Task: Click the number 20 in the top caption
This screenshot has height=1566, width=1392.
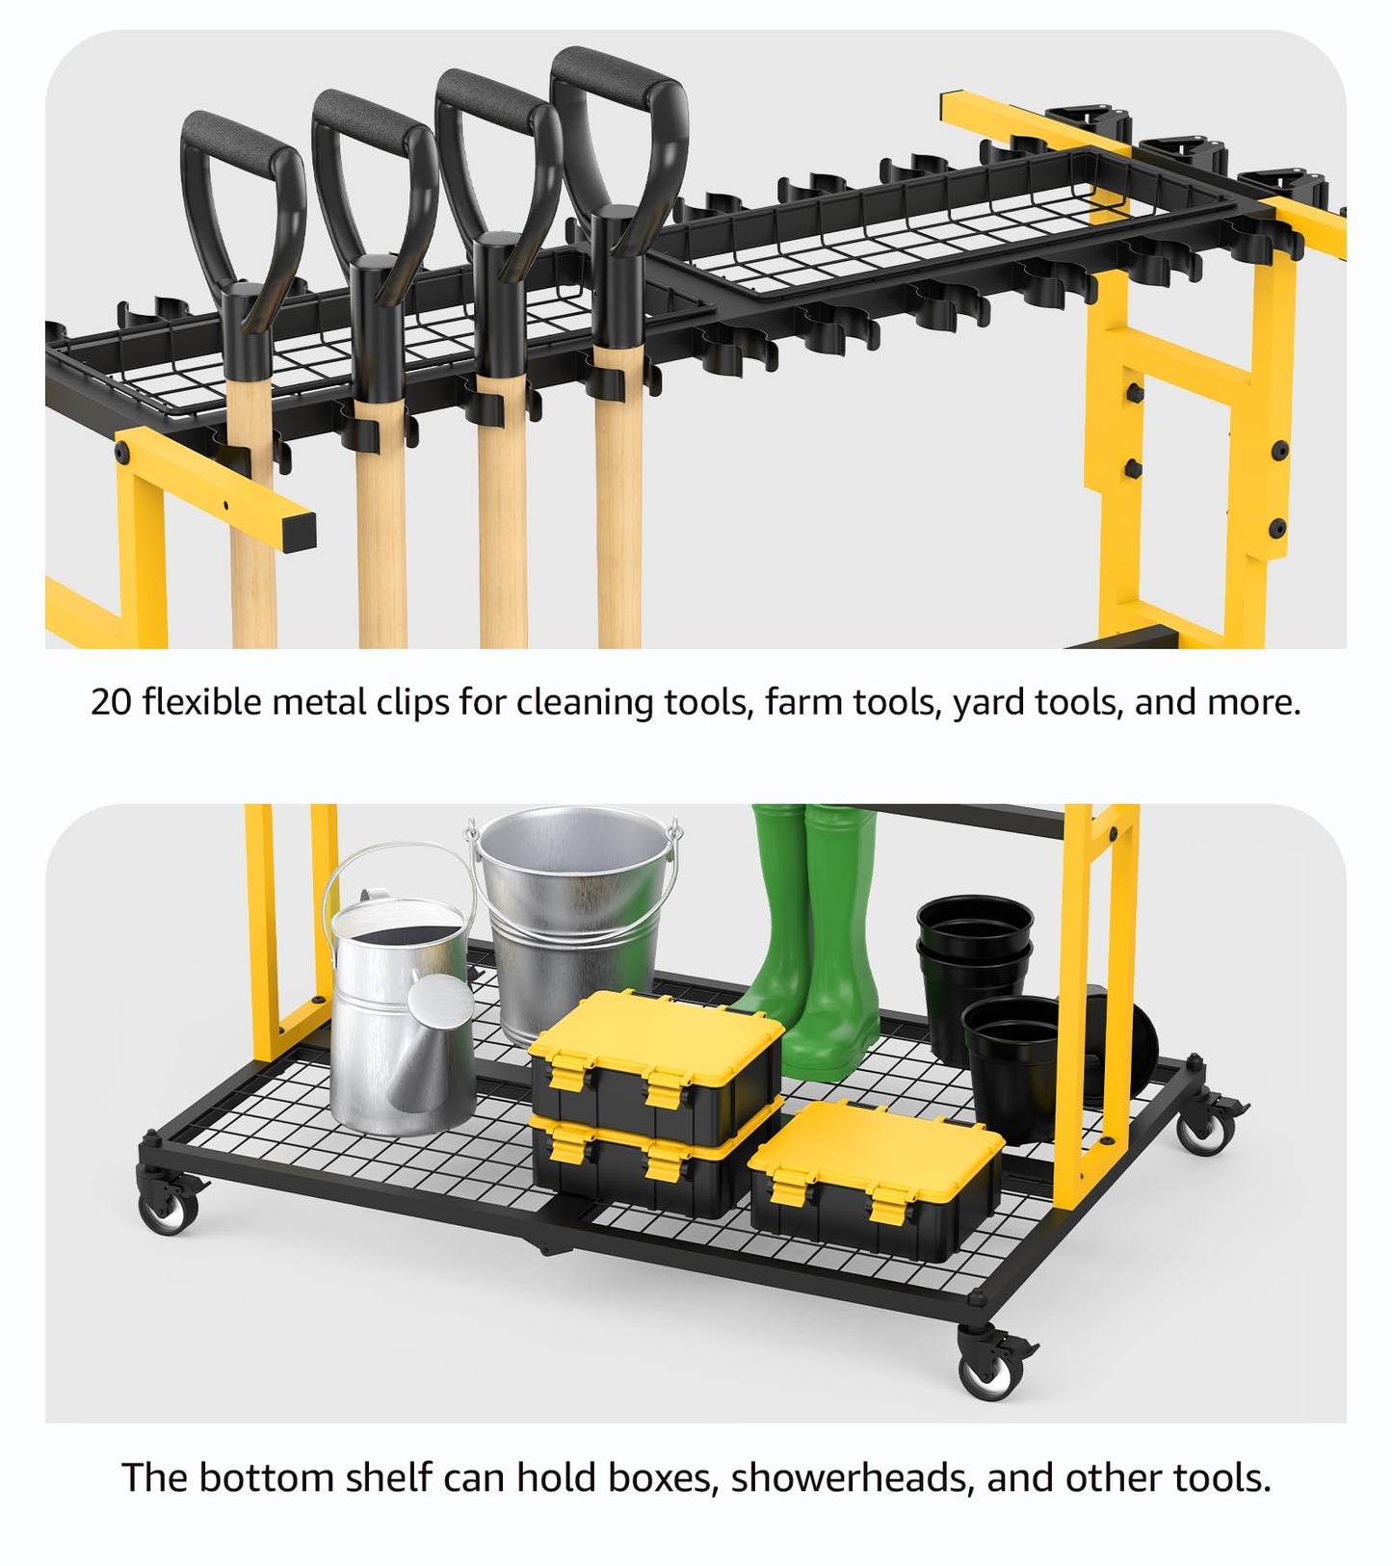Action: click(x=112, y=702)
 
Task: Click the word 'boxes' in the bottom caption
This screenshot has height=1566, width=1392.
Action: click(x=666, y=1478)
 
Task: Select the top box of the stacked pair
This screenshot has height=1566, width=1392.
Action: click(x=656, y=1064)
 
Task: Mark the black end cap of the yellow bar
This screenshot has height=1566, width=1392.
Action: click(x=299, y=531)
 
